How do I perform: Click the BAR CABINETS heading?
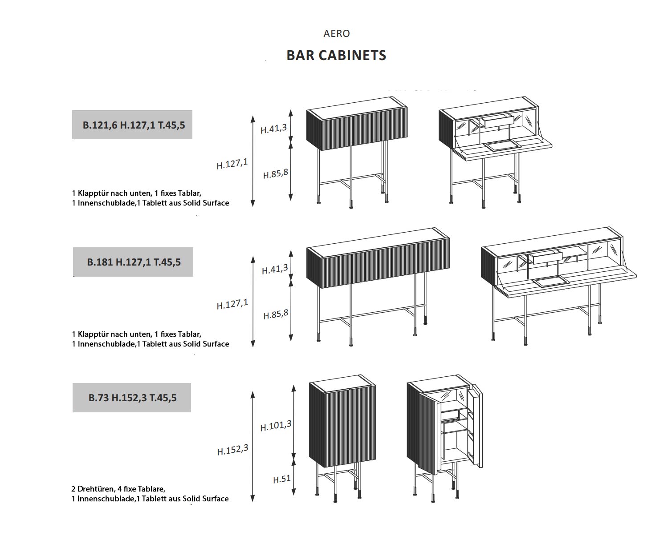pyautogui.click(x=336, y=55)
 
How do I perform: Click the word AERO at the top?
pyautogui.click(x=337, y=33)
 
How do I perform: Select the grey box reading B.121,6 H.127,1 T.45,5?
pyautogui.click(x=133, y=125)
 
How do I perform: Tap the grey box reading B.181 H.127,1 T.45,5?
pyautogui.click(x=133, y=262)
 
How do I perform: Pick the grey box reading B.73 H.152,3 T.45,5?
pyautogui.click(x=132, y=398)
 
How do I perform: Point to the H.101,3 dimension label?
pyautogui.click(x=276, y=426)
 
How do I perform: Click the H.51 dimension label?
pyautogui.click(x=281, y=479)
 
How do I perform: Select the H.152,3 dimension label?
pyautogui.click(x=232, y=450)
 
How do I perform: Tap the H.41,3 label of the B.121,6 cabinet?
pyautogui.click(x=273, y=129)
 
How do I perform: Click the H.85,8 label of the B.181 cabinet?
pyautogui.click(x=276, y=314)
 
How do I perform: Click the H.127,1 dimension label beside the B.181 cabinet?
pyautogui.click(x=232, y=304)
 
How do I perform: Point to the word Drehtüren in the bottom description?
pyautogui.click(x=95, y=489)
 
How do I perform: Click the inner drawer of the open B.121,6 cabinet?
pyautogui.click(x=497, y=121)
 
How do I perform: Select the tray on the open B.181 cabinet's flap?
pyautogui.click(x=551, y=281)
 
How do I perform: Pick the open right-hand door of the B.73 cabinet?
pyautogui.click(x=477, y=427)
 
